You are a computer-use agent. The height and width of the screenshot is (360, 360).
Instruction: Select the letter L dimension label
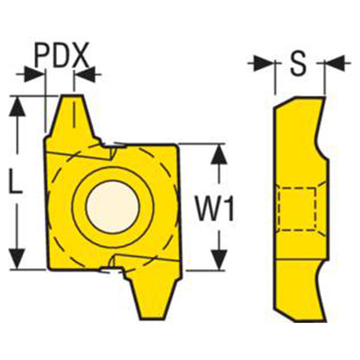16,182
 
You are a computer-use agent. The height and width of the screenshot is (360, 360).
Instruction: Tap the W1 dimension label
215,208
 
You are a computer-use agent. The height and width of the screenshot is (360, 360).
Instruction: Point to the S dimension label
298,64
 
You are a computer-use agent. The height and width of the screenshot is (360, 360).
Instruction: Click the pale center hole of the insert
112,207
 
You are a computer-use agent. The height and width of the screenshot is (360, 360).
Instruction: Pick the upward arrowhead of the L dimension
17,107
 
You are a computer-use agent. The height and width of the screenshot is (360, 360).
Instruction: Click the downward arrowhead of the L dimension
17,259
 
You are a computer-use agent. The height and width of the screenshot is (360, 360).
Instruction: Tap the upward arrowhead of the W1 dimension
220,155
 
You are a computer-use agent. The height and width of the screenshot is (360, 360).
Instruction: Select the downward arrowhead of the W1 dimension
220,260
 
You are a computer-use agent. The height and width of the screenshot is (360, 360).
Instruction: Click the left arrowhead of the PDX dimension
35,74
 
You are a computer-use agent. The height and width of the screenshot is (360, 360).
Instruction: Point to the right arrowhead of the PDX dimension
85,74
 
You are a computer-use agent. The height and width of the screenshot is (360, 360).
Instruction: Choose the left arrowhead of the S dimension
263,63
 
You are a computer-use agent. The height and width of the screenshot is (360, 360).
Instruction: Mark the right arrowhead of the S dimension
335,63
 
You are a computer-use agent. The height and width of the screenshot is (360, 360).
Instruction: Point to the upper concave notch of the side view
321,136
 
